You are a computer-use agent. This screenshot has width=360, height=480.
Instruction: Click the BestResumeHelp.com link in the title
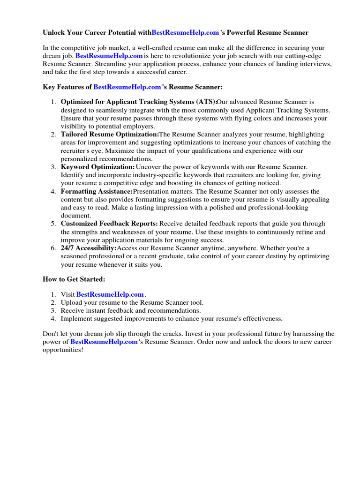point(186,33)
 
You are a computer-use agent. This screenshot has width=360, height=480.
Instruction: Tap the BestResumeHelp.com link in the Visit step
point(110,294)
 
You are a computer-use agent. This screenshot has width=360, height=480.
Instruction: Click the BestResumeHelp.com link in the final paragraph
point(104,342)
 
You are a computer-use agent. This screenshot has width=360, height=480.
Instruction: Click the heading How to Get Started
point(74,279)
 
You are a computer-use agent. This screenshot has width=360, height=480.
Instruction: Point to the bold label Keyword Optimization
point(97,167)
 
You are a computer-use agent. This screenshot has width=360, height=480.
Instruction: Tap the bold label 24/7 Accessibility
point(89,248)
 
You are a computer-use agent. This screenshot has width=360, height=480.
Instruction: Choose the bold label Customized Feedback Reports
point(109,224)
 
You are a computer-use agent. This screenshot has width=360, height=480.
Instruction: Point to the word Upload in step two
point(72,302)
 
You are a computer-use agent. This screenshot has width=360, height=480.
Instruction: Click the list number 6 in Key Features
point(53,248)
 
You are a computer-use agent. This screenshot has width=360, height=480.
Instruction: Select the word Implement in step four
point(76,319)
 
